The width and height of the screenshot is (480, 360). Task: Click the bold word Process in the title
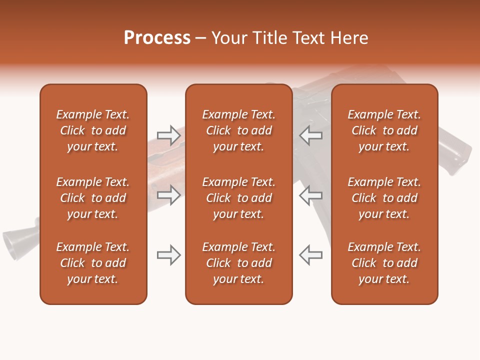(x=157, y=38)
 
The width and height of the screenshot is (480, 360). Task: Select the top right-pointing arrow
(x=168, y=135)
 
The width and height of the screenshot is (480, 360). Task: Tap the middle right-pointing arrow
(x=168, y=195)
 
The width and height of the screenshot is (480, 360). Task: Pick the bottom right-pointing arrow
(x=168, y=255)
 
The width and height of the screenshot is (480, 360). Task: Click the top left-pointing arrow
(x=311, y=135)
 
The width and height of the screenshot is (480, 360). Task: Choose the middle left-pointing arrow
(x=311, y=195)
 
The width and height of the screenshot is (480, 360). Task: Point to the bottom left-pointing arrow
(x=311, y=255)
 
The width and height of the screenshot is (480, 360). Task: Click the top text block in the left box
(x=93, y=130)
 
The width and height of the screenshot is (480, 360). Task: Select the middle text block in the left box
(x=93, y=198)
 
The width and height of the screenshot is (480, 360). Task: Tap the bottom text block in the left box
(x=93, y=263)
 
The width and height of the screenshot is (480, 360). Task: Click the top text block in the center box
(x=238, y=130)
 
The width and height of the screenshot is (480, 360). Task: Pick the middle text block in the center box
(x=238, y=198)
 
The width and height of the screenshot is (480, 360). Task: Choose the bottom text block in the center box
(x=238, y=263)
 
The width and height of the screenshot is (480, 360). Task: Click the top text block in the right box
(x=384, y=130)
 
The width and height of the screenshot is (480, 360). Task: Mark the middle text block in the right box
(x=384, y=198)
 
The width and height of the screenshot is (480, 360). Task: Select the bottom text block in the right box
(x=384, y=263)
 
